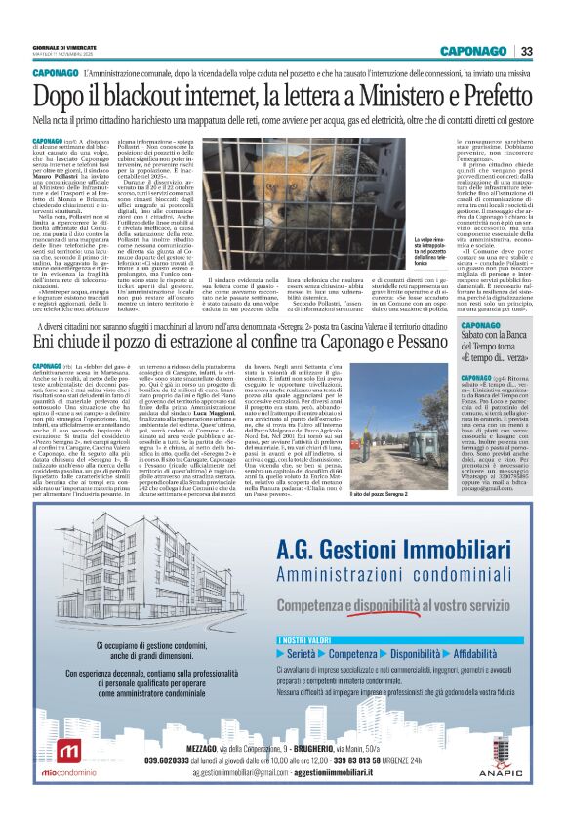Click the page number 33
point(526,51)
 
